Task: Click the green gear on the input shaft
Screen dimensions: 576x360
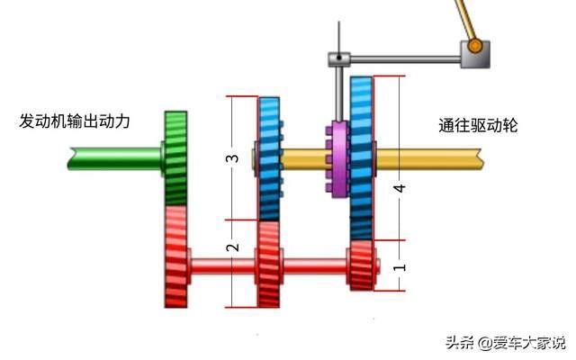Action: point(176,158)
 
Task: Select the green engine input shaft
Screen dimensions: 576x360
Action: point(114,158)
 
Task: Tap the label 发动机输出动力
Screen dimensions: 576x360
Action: point(75,121)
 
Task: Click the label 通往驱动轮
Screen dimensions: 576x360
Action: point(478,126)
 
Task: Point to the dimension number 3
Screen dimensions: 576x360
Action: point(232,158)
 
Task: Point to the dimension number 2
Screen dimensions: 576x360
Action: point(232,247)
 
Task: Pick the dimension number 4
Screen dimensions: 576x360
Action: point(400,188)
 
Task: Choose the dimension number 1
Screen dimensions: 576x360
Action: point(400,266)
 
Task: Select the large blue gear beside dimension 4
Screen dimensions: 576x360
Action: point(362,158)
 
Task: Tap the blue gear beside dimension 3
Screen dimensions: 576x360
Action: point(270,158)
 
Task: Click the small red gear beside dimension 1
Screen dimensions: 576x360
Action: point(362,265)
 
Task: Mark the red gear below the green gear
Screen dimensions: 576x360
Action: point(176,256)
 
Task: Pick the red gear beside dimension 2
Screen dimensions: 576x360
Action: point(269,264)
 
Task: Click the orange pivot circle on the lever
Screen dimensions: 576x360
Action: point(474,46)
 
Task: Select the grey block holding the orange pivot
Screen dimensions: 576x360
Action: point(475,54)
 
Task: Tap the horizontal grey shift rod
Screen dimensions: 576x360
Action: point(406,58)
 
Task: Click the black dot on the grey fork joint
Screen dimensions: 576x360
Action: point(339,58)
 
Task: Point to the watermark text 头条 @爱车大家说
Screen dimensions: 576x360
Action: point(506,343)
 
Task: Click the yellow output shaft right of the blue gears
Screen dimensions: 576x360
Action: point(428,158)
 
